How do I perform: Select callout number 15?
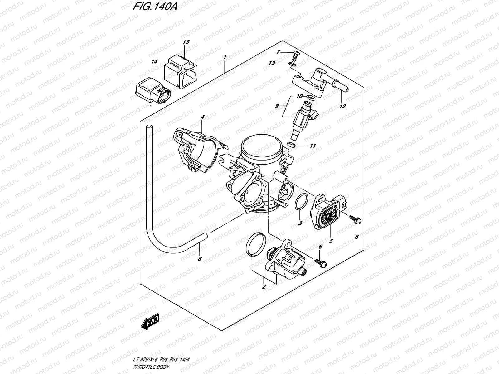(186, 42)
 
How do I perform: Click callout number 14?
(153, 62)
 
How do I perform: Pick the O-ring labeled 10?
(309, 98)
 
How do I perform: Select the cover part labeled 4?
(196, 150)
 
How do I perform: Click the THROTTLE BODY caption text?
(151, 367)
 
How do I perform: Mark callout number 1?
(225, 57)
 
